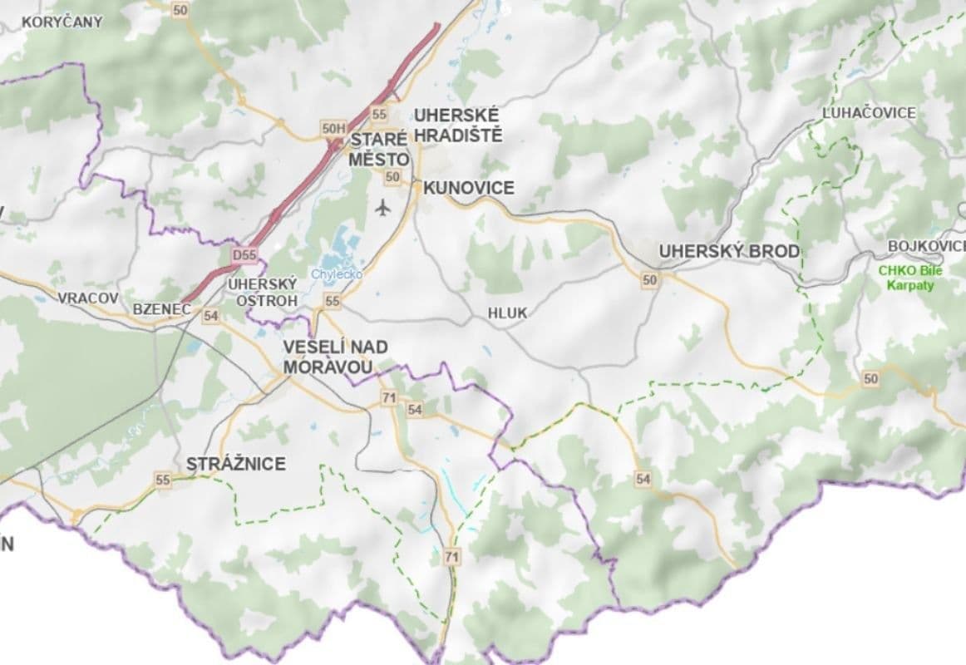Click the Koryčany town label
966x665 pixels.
click(x=62, y=22)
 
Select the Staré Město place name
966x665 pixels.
click(x=379, y=149)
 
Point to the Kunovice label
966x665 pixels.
click(x=469, y=188)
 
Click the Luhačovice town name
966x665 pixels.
click(x=868, y=112)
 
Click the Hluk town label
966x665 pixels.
click(x=507, y=313)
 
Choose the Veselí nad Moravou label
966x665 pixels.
click(x=335, y=357)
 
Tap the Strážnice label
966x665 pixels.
click(x=236, y=463)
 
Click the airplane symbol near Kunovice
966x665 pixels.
click(x=382, y=207)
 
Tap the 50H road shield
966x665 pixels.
click(x=333, y=128)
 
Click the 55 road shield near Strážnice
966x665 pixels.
click(x=162, y=480)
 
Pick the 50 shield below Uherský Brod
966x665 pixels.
click(x=649, y=281)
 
